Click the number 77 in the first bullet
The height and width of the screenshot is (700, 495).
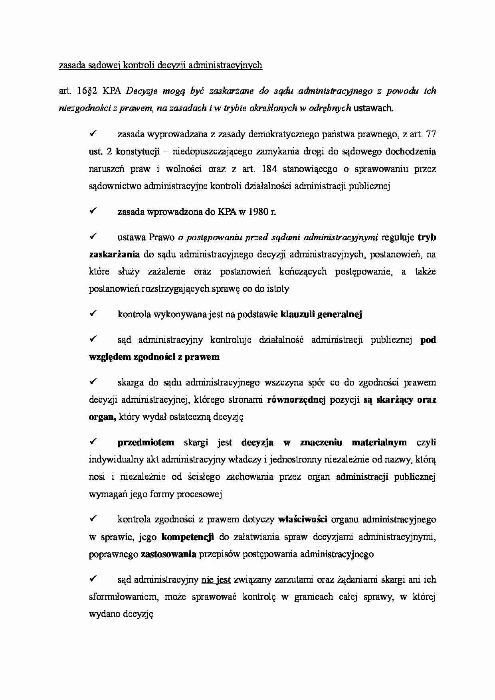pyautogui.click(x=430, y=134)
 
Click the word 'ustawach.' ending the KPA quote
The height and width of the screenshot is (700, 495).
pyautogui.click(x=374, y=108)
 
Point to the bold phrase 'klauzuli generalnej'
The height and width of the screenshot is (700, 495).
pyautogui.click(x=321, y=314)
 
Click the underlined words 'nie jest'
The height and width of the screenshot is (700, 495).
pyautogui.click(x=216, y=579)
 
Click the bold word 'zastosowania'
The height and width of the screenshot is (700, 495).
pyautogui.click(x=168, y=554)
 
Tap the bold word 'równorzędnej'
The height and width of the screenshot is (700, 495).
pyautogui.click(x=297, y=400)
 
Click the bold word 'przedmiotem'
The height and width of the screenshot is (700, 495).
pyautogui.click(x=146, y=443)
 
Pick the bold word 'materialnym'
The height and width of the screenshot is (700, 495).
pyautogui.click(x=379, y=443)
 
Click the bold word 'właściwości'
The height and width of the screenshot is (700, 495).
pyautogui.click(x=303, y=520)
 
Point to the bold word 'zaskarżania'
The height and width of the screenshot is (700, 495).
pyautogui.click(x=114, y=255)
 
